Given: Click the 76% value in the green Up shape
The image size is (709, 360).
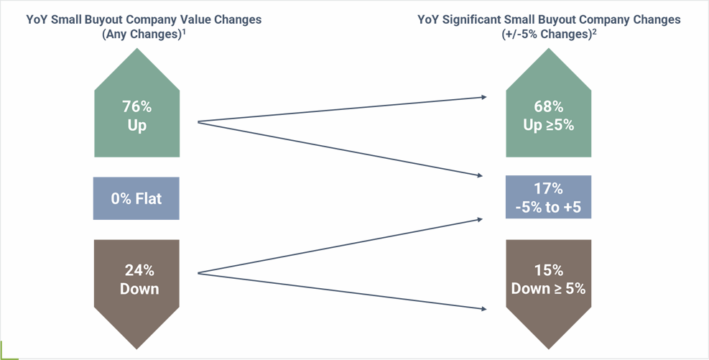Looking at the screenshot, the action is tap(136, 107).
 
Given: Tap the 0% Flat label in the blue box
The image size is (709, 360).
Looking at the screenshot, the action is tap(136, 198).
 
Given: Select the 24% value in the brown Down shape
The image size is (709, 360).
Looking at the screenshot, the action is tap(139, 270).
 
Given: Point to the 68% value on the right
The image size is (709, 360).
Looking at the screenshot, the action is tap(549, 107).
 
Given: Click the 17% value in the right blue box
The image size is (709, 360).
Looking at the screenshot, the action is tap(549, 188).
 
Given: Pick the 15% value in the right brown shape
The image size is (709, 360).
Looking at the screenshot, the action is tap(549, 270).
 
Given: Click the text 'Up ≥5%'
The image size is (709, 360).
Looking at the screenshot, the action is tap(549, 125).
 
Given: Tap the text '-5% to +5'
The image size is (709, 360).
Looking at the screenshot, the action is tap(549, 208).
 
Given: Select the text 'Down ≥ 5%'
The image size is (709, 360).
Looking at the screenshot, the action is tap(549, 289).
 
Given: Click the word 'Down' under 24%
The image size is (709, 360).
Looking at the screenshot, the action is tap(139, 289).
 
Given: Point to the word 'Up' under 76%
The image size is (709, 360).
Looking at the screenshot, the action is tap(136, 126).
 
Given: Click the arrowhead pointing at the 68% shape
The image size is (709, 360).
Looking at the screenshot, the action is tap(484, 97).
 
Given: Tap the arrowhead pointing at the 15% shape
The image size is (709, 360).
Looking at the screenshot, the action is tap(484, 309).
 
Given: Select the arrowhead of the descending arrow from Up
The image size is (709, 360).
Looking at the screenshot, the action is tap(480, 175).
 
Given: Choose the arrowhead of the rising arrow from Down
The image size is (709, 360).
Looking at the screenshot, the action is tap(480, 219).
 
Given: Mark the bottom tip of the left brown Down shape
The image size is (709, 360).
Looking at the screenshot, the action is tap(136, 349).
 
